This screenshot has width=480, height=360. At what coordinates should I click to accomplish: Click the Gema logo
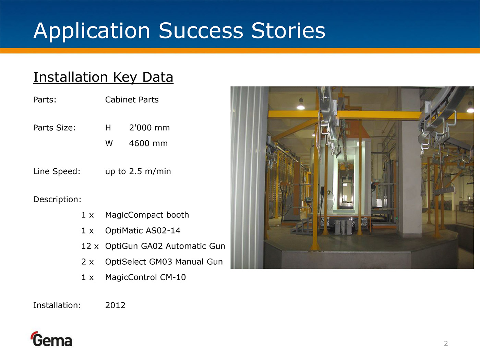click(x=51, y=339)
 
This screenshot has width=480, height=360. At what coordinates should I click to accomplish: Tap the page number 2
click(x=446, y=344)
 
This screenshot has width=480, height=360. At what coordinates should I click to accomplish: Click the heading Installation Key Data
click(x=103, y=77)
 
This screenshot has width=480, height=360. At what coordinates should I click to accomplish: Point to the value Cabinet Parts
click(x=132, y=100)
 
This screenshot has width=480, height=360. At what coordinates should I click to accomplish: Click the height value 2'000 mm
click(x=149, y=128)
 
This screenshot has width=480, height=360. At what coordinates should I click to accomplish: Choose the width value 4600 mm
click(x=148, y=143)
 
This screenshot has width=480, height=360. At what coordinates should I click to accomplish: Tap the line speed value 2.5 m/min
click(x=150, y=171)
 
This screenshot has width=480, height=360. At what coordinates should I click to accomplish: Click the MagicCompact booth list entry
click(x=147, y=215)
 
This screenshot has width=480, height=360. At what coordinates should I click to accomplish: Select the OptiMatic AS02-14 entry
click(x=143, y=231)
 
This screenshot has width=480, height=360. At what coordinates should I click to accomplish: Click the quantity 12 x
click(x=90, y=246)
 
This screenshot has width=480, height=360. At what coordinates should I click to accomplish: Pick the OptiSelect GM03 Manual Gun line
click(x=164, y=262)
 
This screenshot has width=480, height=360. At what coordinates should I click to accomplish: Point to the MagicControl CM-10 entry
click(x=145, y=277)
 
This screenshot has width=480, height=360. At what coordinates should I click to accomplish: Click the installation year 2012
click(x=115, y=305)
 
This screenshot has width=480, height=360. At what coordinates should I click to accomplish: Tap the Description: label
click(x=57, y=200)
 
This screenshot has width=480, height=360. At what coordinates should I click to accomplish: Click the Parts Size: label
click(x=55, y=128)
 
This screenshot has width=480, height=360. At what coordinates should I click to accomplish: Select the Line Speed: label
click(x=57, y=171)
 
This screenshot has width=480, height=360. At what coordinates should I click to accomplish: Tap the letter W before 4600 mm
click(x=109, y=143)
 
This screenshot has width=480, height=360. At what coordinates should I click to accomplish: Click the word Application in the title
click(x=92, y=31)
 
